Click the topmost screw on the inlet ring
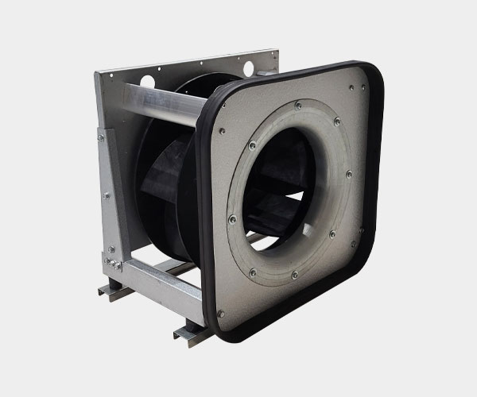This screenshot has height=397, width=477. [x=297, y=105]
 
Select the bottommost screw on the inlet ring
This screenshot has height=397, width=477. [x=294, y=276]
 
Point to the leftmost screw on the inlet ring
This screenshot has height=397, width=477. [x=232, y=220]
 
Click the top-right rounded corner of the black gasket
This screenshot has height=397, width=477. [x=374, y=75]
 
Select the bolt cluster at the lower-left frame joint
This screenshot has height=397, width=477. [x=111, y=258]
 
